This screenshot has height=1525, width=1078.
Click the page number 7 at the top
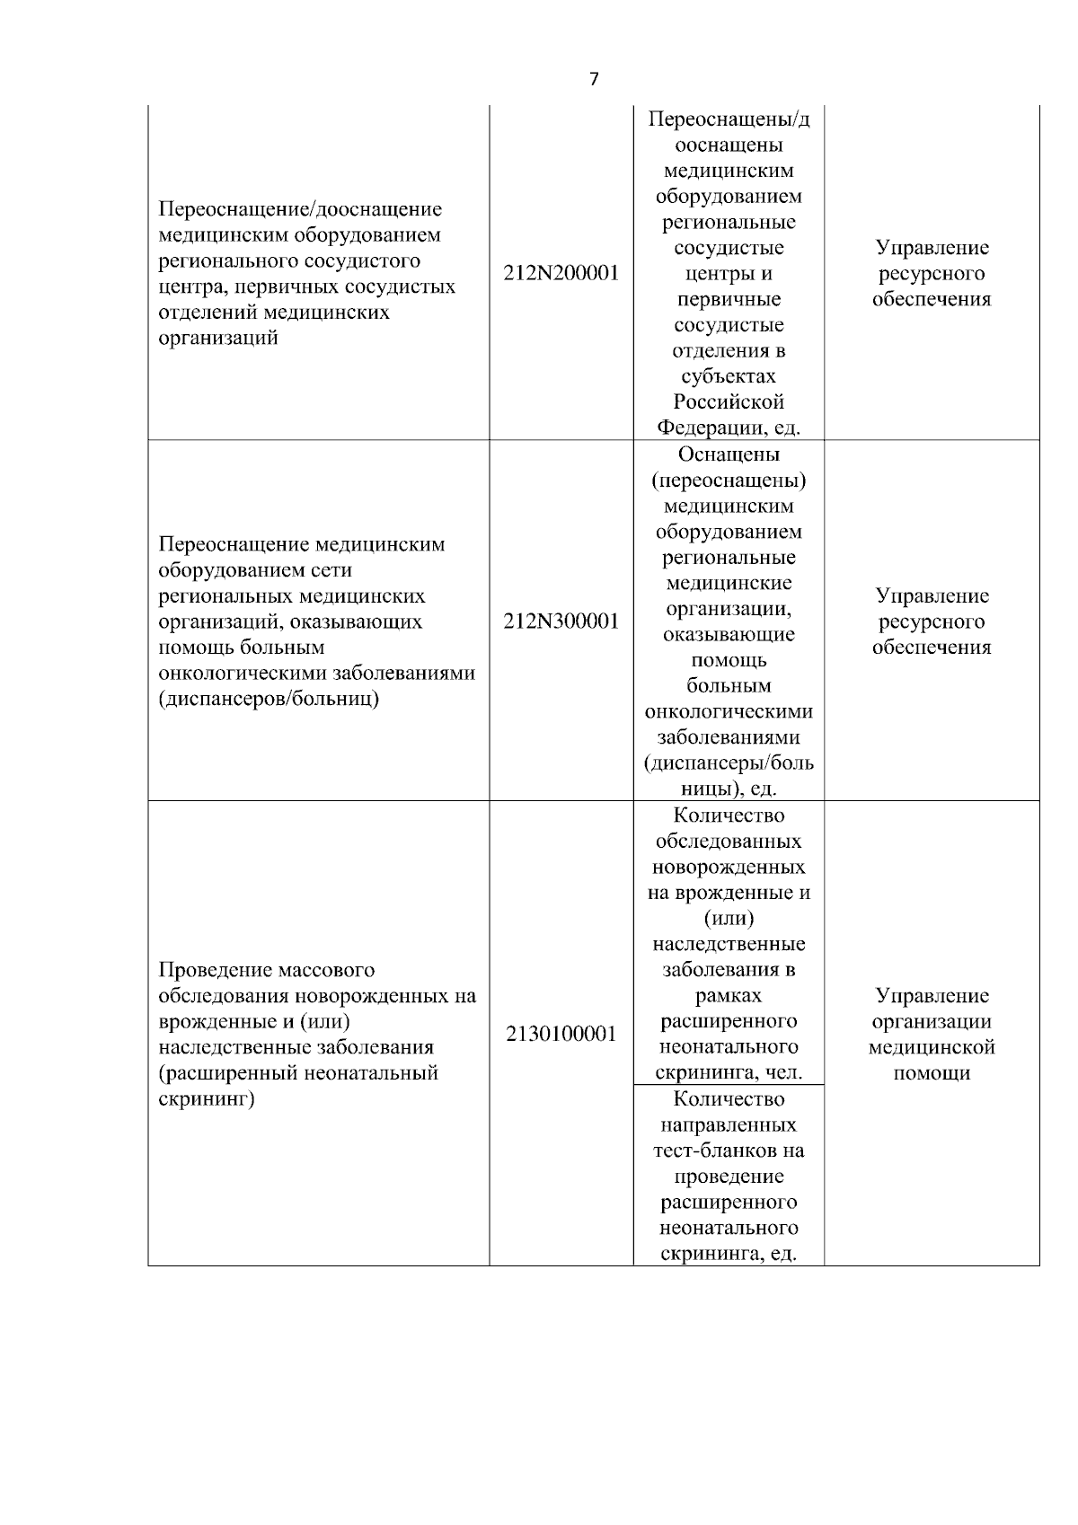point(594,79)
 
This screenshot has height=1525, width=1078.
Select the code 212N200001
point(561,274)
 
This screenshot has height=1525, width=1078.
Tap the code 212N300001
point(561,621)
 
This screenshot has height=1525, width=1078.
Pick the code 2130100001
point(561,1035)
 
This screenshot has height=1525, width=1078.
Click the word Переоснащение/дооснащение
point(300,209)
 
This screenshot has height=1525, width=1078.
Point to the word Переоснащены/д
point(729,120)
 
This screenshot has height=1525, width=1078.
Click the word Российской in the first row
point(729,401)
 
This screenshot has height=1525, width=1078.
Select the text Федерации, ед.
point(729,428)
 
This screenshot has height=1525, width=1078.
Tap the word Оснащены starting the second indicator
point(729,454)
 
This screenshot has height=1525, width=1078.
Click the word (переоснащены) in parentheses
point(729,480)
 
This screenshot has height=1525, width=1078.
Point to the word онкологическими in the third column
point(729,711)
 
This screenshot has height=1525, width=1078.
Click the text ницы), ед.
point(729,789)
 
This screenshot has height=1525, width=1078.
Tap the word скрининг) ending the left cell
point(206,1099)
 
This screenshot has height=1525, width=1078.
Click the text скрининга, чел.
point(729,1072)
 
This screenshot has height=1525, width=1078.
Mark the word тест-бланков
point(729,1150)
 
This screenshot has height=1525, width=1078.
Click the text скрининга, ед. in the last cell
point(729,1254)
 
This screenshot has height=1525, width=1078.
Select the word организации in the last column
point(932,1022)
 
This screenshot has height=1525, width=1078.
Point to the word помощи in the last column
point(932,1073)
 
